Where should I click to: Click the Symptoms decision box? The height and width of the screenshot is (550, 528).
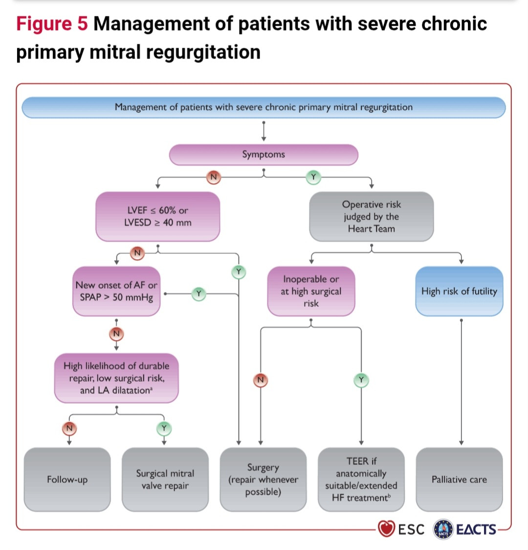(x=264, y=155)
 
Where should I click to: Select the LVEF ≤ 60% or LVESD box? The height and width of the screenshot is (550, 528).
(x=157, y=216)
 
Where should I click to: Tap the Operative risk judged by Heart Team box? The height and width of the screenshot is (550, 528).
(x=371, y=216)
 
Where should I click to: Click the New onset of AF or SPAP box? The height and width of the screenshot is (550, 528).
(x=116, y=291)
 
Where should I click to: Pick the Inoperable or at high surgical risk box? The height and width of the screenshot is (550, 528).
(x=311, y=291)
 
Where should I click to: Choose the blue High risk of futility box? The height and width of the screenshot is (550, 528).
(x=459, y=291)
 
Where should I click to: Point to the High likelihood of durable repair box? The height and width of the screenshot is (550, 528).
(x=116, y=378)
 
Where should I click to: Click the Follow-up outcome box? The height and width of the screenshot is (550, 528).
(x=67, y=480)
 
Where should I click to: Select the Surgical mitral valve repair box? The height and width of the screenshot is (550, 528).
(x=165, y=480)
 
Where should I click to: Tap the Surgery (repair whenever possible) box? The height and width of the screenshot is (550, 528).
(x=263, y=480)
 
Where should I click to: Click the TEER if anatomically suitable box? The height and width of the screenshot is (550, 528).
(x=361, y=480)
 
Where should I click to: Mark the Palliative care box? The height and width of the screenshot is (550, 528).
(x=459, y=480)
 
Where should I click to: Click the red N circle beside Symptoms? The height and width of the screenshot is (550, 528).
(x=213, y=177)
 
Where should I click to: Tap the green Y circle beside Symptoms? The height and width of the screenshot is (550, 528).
(x=313, y=177)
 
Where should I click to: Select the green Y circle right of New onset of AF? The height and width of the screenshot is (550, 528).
(x=198, y=294)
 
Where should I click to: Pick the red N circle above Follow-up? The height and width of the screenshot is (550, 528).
(x=69, y=429)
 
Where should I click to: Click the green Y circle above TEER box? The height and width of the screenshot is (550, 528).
(x=361, y=380)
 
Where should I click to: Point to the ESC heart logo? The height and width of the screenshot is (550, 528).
(x=386, y=529)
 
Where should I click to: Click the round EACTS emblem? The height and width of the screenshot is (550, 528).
(x=443, y=529)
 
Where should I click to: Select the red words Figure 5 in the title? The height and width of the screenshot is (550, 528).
(x=52, y=24)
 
